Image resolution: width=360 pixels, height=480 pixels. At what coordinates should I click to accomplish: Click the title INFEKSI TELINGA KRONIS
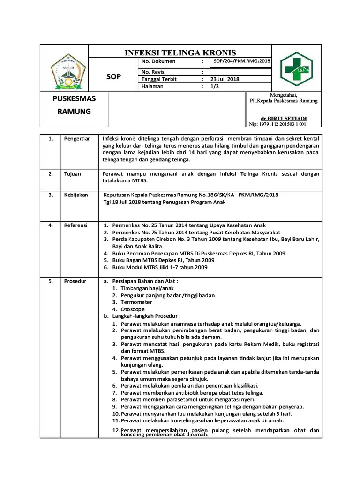[180, 52]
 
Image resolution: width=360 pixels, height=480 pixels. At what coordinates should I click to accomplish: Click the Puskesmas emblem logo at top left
[68, 71]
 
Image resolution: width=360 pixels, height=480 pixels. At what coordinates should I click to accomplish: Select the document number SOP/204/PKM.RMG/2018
[242, 61]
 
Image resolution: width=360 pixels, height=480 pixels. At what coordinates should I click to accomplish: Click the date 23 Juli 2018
[225, 79]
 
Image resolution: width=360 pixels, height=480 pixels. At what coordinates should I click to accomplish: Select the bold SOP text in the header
[113, 76]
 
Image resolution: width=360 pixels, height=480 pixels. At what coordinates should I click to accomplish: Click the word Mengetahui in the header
[283, 95]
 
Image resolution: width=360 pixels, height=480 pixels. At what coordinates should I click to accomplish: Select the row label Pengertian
[77, 139]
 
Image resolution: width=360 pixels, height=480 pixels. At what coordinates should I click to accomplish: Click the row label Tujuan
[72, 174]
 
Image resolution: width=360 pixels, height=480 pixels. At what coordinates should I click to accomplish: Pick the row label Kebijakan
[76, 195]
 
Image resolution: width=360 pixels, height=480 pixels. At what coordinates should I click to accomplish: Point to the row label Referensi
[75, 225]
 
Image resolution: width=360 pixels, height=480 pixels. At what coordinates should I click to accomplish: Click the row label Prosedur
[75, 281]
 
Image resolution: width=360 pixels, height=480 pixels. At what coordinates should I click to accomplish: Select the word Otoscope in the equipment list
[133, 309]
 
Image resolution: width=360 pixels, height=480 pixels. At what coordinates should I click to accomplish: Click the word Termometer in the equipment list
[136, 302]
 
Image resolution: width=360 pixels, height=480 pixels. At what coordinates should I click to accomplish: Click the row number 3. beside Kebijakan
[51, 195]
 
